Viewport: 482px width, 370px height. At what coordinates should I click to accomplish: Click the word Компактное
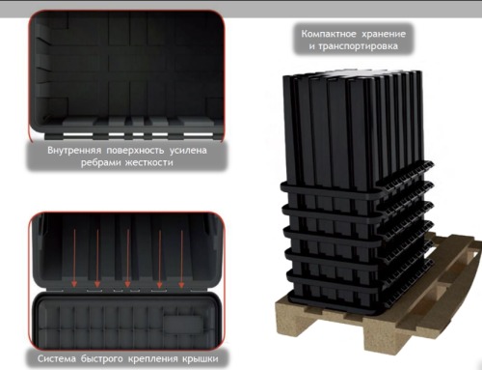point(324,35)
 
